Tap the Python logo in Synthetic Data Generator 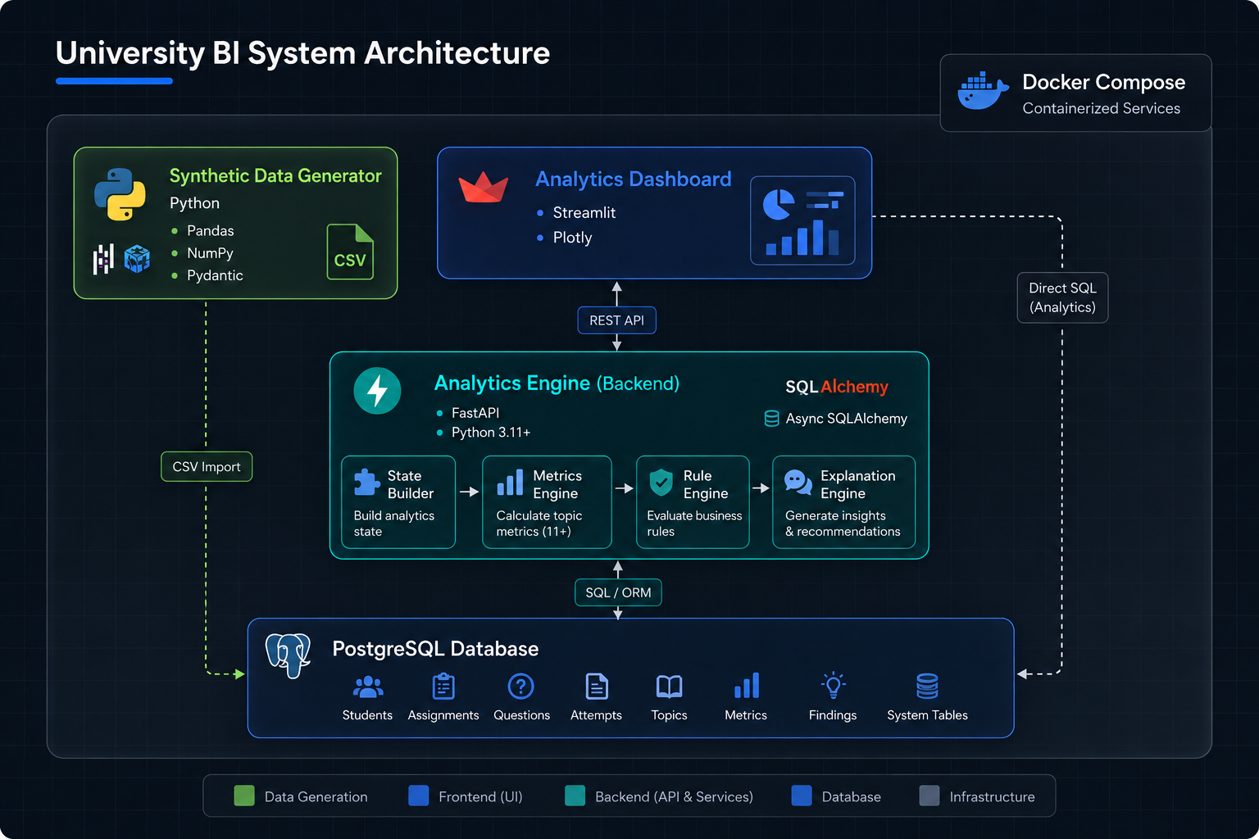tap(120, 194)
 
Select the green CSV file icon tap(350, 252)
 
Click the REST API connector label tap(616, 320)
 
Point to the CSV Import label tap(207, 466)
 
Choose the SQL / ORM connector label tap(618, 592)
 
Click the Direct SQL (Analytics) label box tap(1062, 298)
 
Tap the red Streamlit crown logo tap(484, 188)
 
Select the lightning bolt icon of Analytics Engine tap(377, 391)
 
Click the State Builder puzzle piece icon tap(366, 482)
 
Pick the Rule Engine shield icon tap(661, 482)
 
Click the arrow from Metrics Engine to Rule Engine tap(624, 488)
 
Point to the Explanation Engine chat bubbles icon tap(798, 482)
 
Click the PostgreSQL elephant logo tap(288, 655)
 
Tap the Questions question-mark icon tap(521, 686)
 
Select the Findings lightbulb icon tap(833, 686)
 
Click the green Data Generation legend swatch tap(244, 796)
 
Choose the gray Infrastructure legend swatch tap(929, 796)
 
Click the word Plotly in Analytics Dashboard tap(572, 238)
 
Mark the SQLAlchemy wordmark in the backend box tap(836, 387)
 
